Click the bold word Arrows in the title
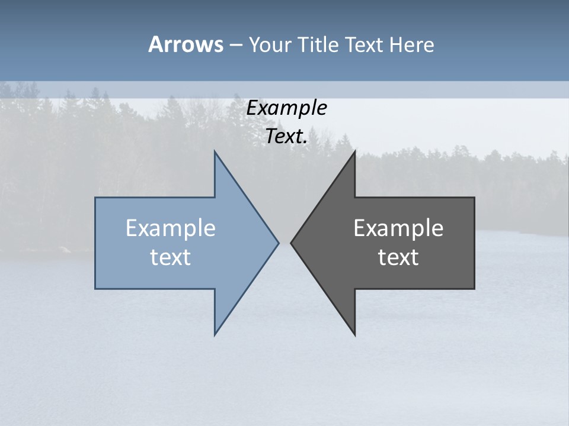185,44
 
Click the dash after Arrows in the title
235,45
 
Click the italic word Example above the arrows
287,108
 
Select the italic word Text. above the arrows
287,137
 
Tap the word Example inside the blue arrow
171,228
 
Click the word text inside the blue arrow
171,257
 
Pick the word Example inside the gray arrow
398,228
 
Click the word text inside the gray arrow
398,257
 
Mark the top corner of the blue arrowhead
215,152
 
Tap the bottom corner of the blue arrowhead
215,334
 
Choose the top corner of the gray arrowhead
354,152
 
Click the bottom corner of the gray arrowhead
354,334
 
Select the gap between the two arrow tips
284,243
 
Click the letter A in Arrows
155,44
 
